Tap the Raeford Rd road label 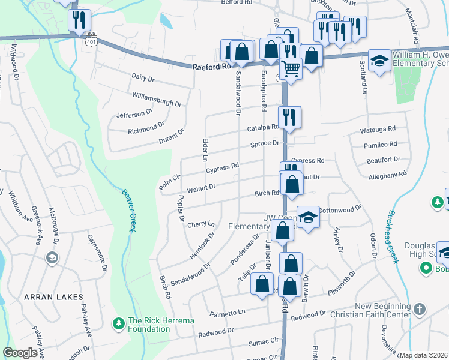(212, 68)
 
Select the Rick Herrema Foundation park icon (119, 324)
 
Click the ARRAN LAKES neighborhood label (49, 297)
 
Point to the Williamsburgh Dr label (157, 99)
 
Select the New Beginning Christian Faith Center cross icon (419, 310)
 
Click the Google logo (20, 353)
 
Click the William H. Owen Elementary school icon (379, 61)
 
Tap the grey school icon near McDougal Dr (52, 258)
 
